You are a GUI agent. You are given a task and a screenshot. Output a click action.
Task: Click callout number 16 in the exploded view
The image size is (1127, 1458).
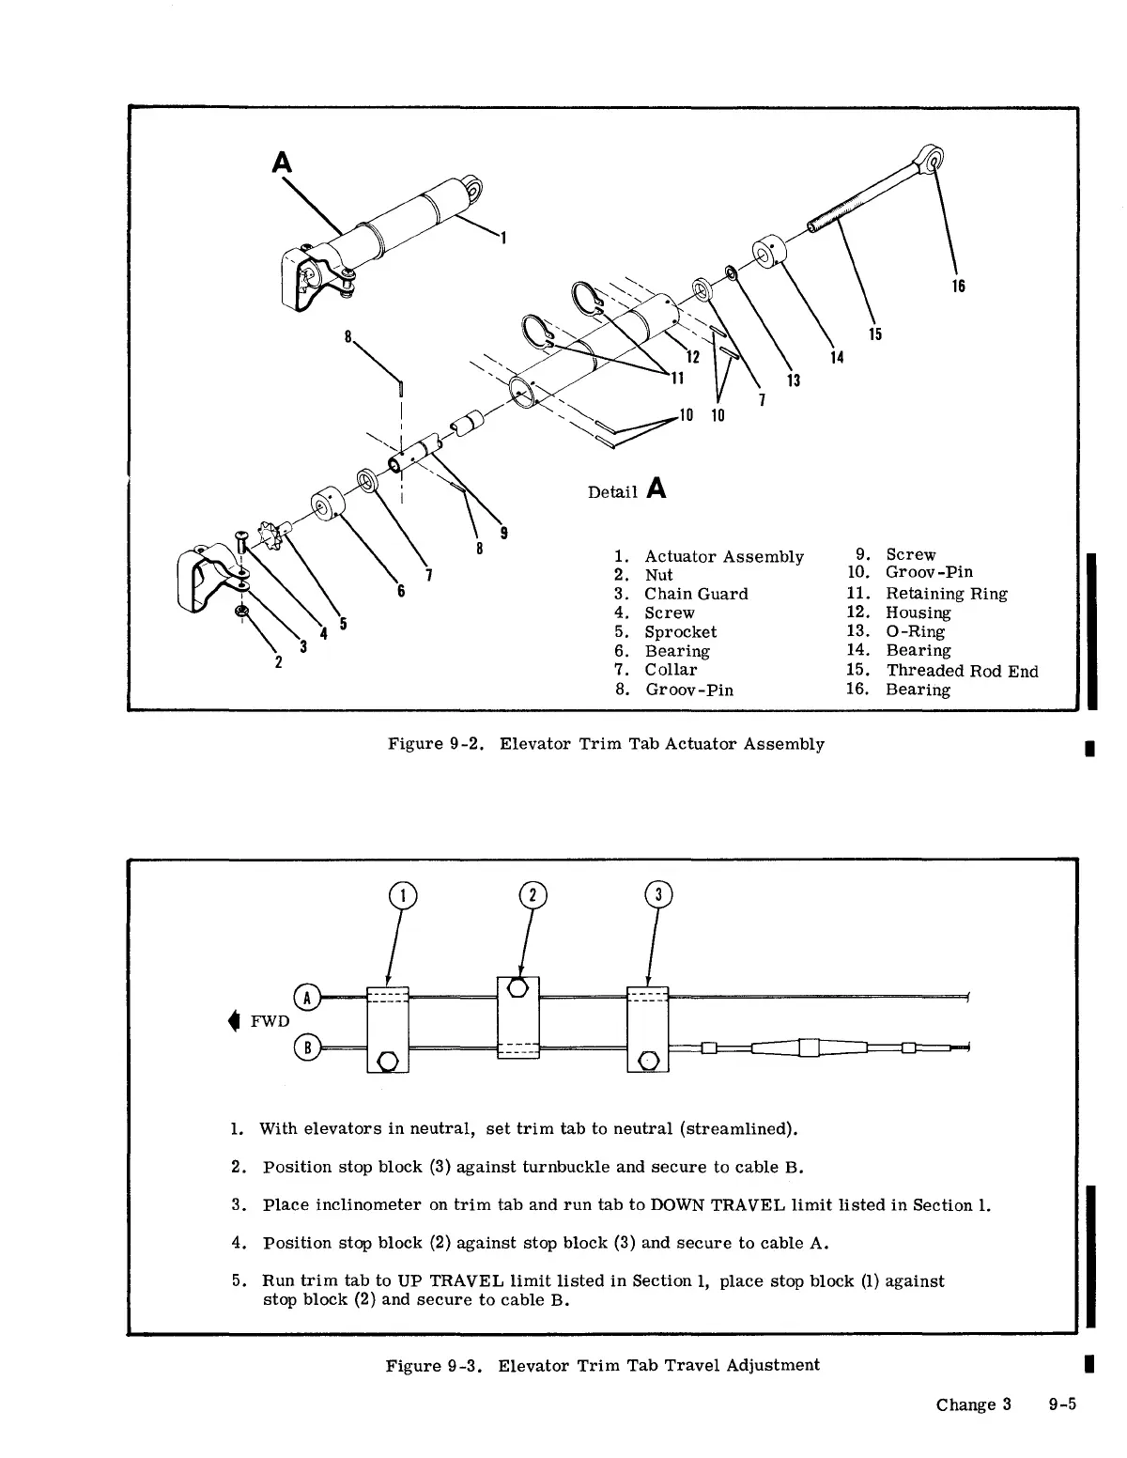point(958,287)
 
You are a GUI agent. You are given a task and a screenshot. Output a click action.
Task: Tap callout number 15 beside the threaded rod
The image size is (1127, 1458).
point(874,333)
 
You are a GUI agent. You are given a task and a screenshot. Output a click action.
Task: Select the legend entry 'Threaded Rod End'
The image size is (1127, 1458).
point(962,671)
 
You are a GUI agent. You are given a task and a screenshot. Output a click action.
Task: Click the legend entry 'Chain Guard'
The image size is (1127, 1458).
point(695,594)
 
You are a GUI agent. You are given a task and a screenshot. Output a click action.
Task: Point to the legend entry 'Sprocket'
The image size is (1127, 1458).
point(680,632)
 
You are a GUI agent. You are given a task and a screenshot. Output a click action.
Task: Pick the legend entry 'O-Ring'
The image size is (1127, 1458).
point(915,632)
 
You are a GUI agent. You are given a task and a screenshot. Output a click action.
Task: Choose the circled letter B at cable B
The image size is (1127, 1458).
point(307,1047)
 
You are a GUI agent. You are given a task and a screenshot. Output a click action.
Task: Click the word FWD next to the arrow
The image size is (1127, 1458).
point(270,1021)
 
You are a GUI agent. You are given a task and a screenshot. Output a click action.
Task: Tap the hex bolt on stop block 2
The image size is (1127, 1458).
point(517,988)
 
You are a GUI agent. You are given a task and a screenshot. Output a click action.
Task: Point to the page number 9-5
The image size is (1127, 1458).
point(1062,1405)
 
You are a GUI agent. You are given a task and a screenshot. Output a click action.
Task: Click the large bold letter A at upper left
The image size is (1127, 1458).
point(282,163)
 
